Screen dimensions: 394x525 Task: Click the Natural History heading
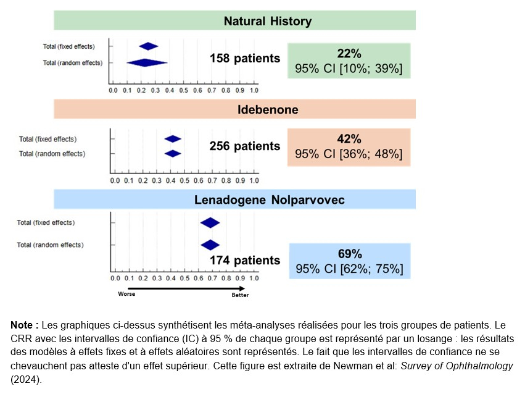(267, 21)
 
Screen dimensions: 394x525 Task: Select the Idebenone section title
(268, 109)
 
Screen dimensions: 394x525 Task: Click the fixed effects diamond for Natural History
(149, 46)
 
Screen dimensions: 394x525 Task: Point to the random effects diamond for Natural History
(146, 62)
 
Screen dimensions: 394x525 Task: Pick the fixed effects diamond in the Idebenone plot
(173, 139)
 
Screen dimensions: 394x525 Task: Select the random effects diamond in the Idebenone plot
(173, 153)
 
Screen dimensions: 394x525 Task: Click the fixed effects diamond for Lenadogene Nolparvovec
(210, 223)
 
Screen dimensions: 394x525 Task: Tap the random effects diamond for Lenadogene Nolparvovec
(210, 245)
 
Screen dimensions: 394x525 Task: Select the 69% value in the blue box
(349, 254)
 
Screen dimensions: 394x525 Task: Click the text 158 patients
(244, 59)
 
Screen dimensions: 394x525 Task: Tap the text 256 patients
(244, 146)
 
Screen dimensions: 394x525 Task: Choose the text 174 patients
(244, 261)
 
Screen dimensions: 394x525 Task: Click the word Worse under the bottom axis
(126, 294)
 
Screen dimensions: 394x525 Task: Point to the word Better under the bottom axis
(241, 295)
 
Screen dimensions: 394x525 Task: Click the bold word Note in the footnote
(23, 325)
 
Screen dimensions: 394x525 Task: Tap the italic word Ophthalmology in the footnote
(479, 366)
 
